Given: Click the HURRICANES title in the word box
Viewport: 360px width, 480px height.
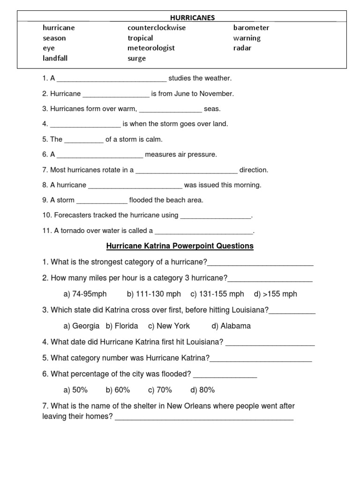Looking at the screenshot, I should (x=192, y=17).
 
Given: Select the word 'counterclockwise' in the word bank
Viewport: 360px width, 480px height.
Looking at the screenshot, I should (x=157, y=28).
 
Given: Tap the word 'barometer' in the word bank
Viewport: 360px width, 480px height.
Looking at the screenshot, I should (x=251, y=28).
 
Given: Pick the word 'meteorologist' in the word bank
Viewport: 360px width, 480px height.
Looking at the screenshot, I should (x=151, y=48).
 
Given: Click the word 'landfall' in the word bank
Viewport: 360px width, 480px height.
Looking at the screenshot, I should (x=55, y=59).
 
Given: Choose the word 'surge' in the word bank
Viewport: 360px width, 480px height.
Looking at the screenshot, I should (x=136, y=59).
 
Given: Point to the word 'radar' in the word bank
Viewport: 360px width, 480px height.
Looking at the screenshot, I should (x=242, y=48).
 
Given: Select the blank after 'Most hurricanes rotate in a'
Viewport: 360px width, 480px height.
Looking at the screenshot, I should (x=187, y=171).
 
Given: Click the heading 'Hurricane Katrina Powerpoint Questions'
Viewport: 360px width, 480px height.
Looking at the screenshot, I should (x=180, y=246).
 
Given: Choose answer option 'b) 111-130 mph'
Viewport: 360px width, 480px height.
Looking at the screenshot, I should (x=154, y=294).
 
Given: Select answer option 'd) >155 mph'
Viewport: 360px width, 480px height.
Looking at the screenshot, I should (x=276, y=294).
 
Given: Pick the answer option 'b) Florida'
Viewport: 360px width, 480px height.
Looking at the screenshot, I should (x=122, y=326).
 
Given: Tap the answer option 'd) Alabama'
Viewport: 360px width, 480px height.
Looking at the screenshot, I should (x=231, y=326).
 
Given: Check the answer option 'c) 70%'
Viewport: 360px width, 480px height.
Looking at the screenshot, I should (x=160, y=390).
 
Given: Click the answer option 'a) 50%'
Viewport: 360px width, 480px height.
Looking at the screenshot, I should (x=75, y=390).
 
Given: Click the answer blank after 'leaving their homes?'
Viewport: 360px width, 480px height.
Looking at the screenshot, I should (x=204, y=417).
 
